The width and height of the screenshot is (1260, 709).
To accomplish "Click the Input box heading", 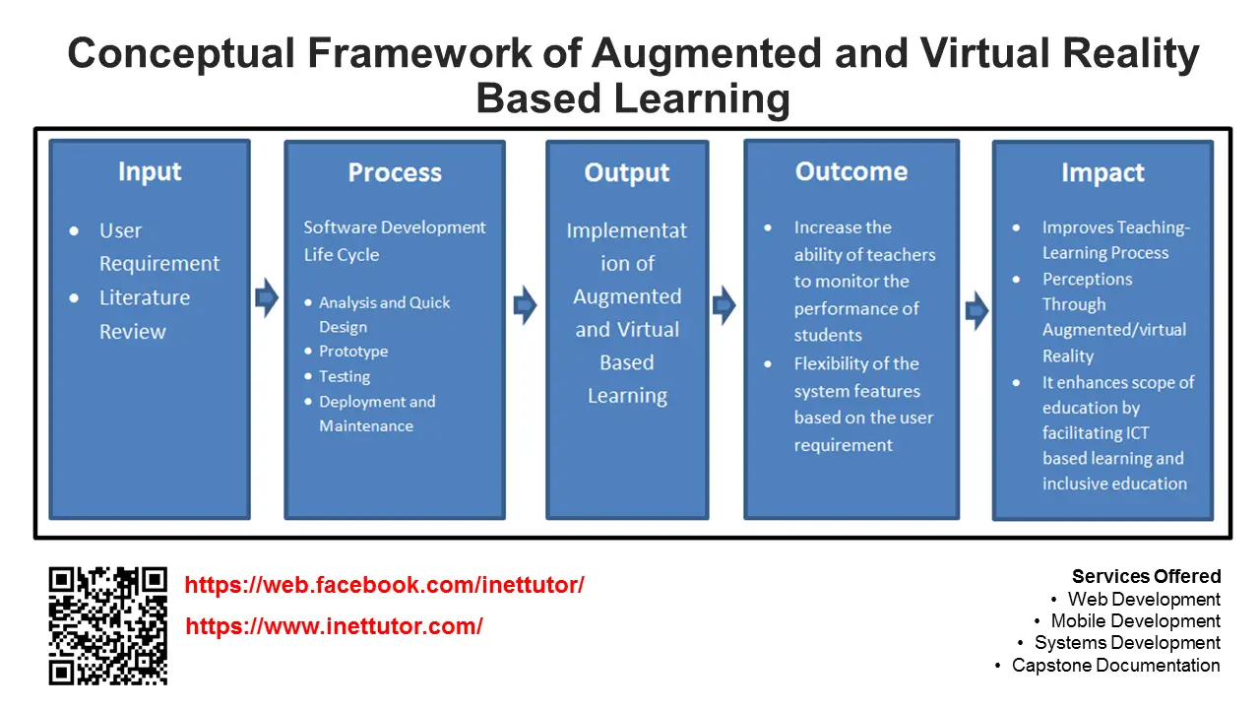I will (150, 171).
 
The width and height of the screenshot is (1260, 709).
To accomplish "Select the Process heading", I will (395, 173).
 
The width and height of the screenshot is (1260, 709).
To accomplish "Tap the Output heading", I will (627, 173).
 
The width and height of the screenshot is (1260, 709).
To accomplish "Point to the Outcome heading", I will (851, 171).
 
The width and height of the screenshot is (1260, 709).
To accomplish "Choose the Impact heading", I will (1102, 173).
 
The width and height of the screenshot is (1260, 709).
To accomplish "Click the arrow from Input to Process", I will (267, 297).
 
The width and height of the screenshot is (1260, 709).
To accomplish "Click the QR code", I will (108, 625).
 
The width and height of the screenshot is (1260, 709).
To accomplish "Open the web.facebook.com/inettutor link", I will (385, 585).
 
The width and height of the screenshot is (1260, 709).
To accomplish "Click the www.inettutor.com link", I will (334, 626).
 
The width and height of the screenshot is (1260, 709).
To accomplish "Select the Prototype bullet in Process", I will (353, 352).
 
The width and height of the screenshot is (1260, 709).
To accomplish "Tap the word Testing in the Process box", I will (345, 376).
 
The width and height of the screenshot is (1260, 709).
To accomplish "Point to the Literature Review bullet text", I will (144, 314).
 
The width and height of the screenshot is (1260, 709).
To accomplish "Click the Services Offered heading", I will (1146, 577).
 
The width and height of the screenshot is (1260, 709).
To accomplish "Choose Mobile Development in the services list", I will (1135, 621).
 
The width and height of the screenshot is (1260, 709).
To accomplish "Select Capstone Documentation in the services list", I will (1115, 666).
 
